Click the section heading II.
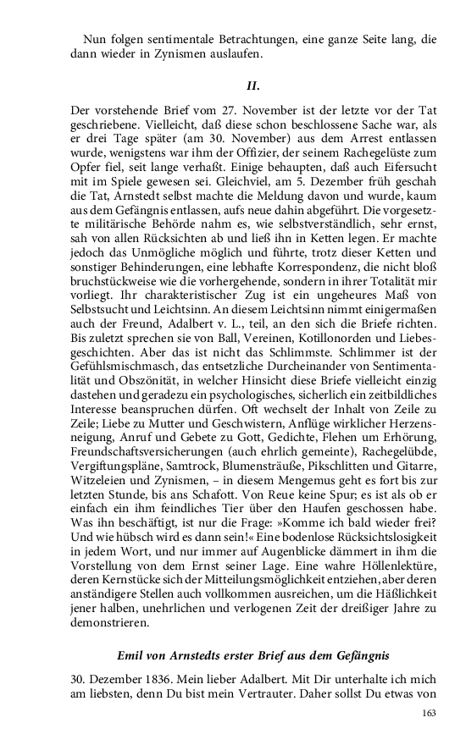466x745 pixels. click(x=252, y=86)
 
